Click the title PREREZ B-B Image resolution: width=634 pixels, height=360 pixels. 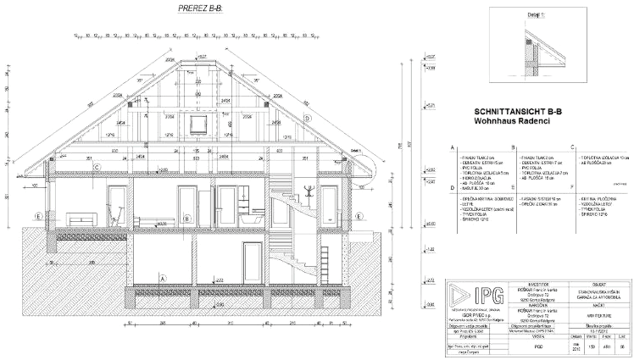point(201,9)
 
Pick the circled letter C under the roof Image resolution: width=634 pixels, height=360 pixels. point(97,168)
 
